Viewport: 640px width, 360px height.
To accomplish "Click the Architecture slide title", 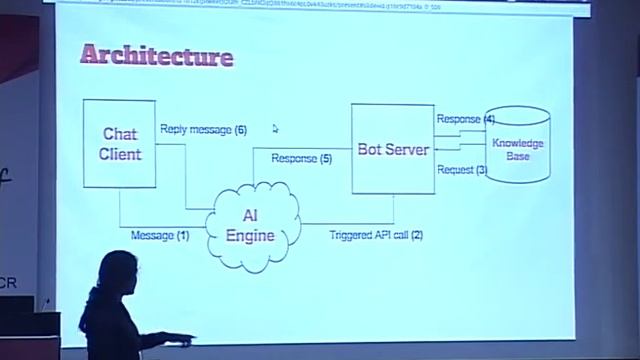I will pos(157,55).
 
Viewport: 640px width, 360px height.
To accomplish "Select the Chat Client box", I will pos(120,144).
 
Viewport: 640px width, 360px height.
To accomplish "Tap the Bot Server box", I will pos(392,150).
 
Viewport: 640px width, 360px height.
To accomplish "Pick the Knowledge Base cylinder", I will pos(517,145).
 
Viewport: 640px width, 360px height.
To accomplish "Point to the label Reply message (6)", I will pos(203,130).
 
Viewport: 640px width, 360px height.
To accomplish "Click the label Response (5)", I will pos(301,158).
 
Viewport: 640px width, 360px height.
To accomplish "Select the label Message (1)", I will pos(159,235).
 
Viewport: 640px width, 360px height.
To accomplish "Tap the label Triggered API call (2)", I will pos(376,235).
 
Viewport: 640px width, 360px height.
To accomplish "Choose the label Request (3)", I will pos(461,170).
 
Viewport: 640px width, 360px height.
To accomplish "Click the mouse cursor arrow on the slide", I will pos(275,128).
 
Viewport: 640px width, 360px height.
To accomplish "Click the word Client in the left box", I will pos(120,154).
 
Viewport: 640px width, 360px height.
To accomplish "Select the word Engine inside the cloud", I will pos(250,236).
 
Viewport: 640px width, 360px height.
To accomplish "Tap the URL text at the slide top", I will pos(300,4).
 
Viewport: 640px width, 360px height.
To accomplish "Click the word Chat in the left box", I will pos(120,134).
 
